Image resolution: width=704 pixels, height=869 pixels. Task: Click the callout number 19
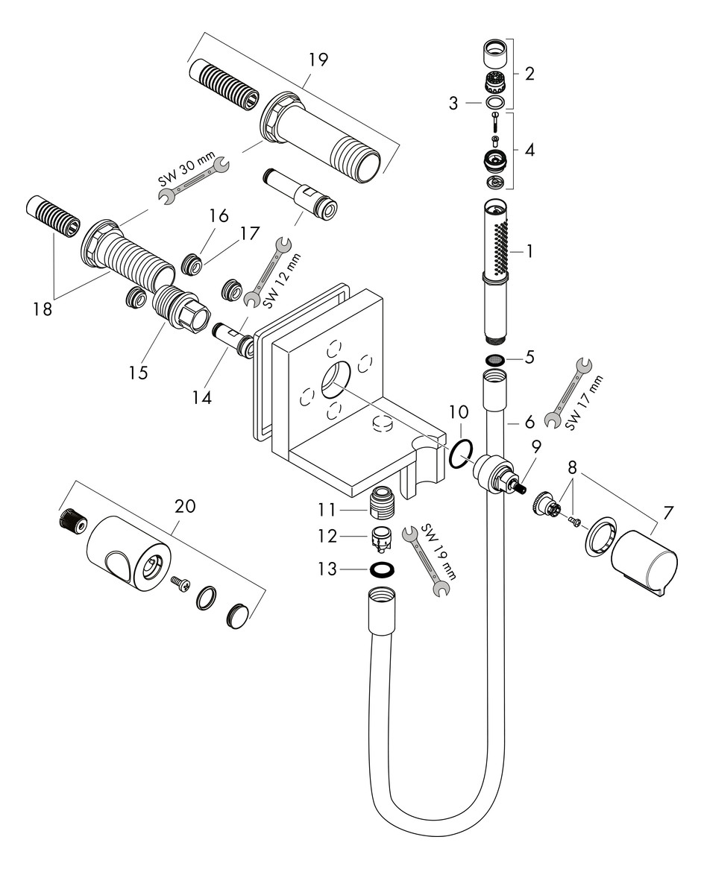(x=318, y=60)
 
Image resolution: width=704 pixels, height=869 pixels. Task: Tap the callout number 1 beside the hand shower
(x=529, y=251)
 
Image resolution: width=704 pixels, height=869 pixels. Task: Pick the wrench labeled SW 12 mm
(x=268, y=271)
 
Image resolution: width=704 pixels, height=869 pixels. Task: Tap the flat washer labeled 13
(x=383, y=569)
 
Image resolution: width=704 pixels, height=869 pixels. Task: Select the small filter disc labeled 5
(x=494, y=360)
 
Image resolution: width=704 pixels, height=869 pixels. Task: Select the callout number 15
(x=138, y=371)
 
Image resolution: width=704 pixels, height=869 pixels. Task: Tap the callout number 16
(x=219, y=215)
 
